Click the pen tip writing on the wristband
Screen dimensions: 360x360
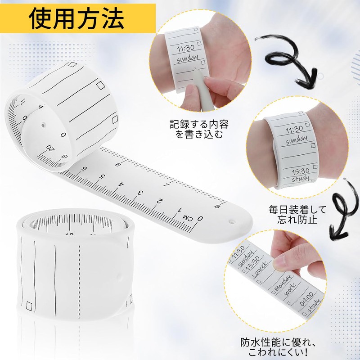coord(194,68)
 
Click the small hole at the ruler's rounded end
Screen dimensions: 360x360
coord(232,221)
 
